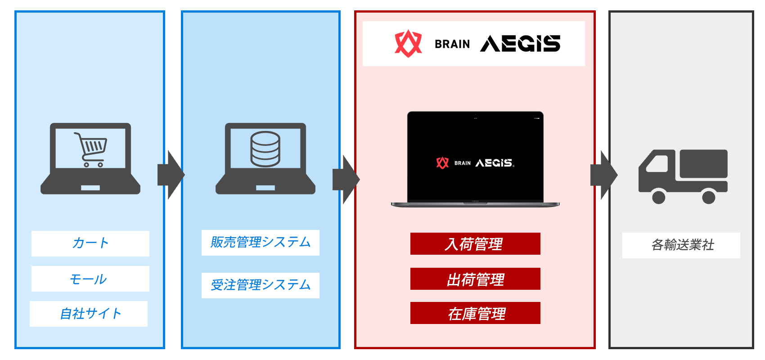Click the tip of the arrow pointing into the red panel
pos(360,179)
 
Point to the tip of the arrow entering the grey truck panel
pos(618,175)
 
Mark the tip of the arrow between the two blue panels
pos(185,175)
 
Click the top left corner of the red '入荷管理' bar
pos(410,233)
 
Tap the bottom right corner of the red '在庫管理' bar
pos(540,324)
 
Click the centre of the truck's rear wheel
pos(709,197)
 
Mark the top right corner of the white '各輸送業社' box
pos(740,233)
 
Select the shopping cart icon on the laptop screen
pos(90,149)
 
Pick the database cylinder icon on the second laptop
pos(265,149)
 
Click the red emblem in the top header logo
pos(408,43)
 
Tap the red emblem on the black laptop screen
pos(442,163)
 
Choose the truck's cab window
pos(657,164)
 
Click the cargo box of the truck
pos(703,164)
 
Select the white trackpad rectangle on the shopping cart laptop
pos(90,188)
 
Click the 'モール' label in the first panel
pos(89,279)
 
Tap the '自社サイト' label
pos(90,314)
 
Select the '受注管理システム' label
pos(261,285)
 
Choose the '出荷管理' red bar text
pos(475,279)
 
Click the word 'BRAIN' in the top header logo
pos(452,44)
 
